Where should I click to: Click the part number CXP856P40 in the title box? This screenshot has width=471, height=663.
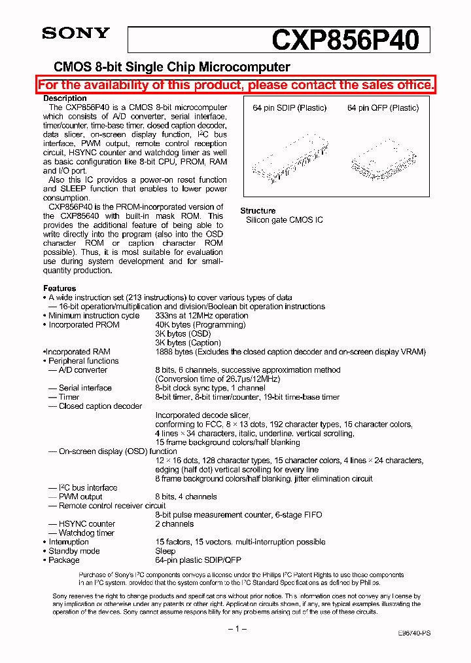(x=345, y=40)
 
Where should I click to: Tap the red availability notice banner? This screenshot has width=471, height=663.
(x=235, y=85)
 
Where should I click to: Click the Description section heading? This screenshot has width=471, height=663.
(x=65, y=98)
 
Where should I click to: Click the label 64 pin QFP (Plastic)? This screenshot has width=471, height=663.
(x=383, y=108)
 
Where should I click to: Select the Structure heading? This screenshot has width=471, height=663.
(x=258, y=211)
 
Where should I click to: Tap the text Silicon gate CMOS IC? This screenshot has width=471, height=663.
(x=284, y=220)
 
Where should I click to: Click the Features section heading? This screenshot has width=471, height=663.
(x=60, y=288)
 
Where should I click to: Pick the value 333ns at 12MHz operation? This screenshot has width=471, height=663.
(x=201, y=316)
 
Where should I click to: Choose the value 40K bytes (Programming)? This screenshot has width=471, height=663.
(x=200, y=325)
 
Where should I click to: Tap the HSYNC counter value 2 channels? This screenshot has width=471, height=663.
(x=174, y=524)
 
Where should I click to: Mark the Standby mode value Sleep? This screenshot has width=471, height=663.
(x=166, y=552)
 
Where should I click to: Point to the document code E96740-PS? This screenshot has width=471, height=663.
(x=414, y=634)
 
